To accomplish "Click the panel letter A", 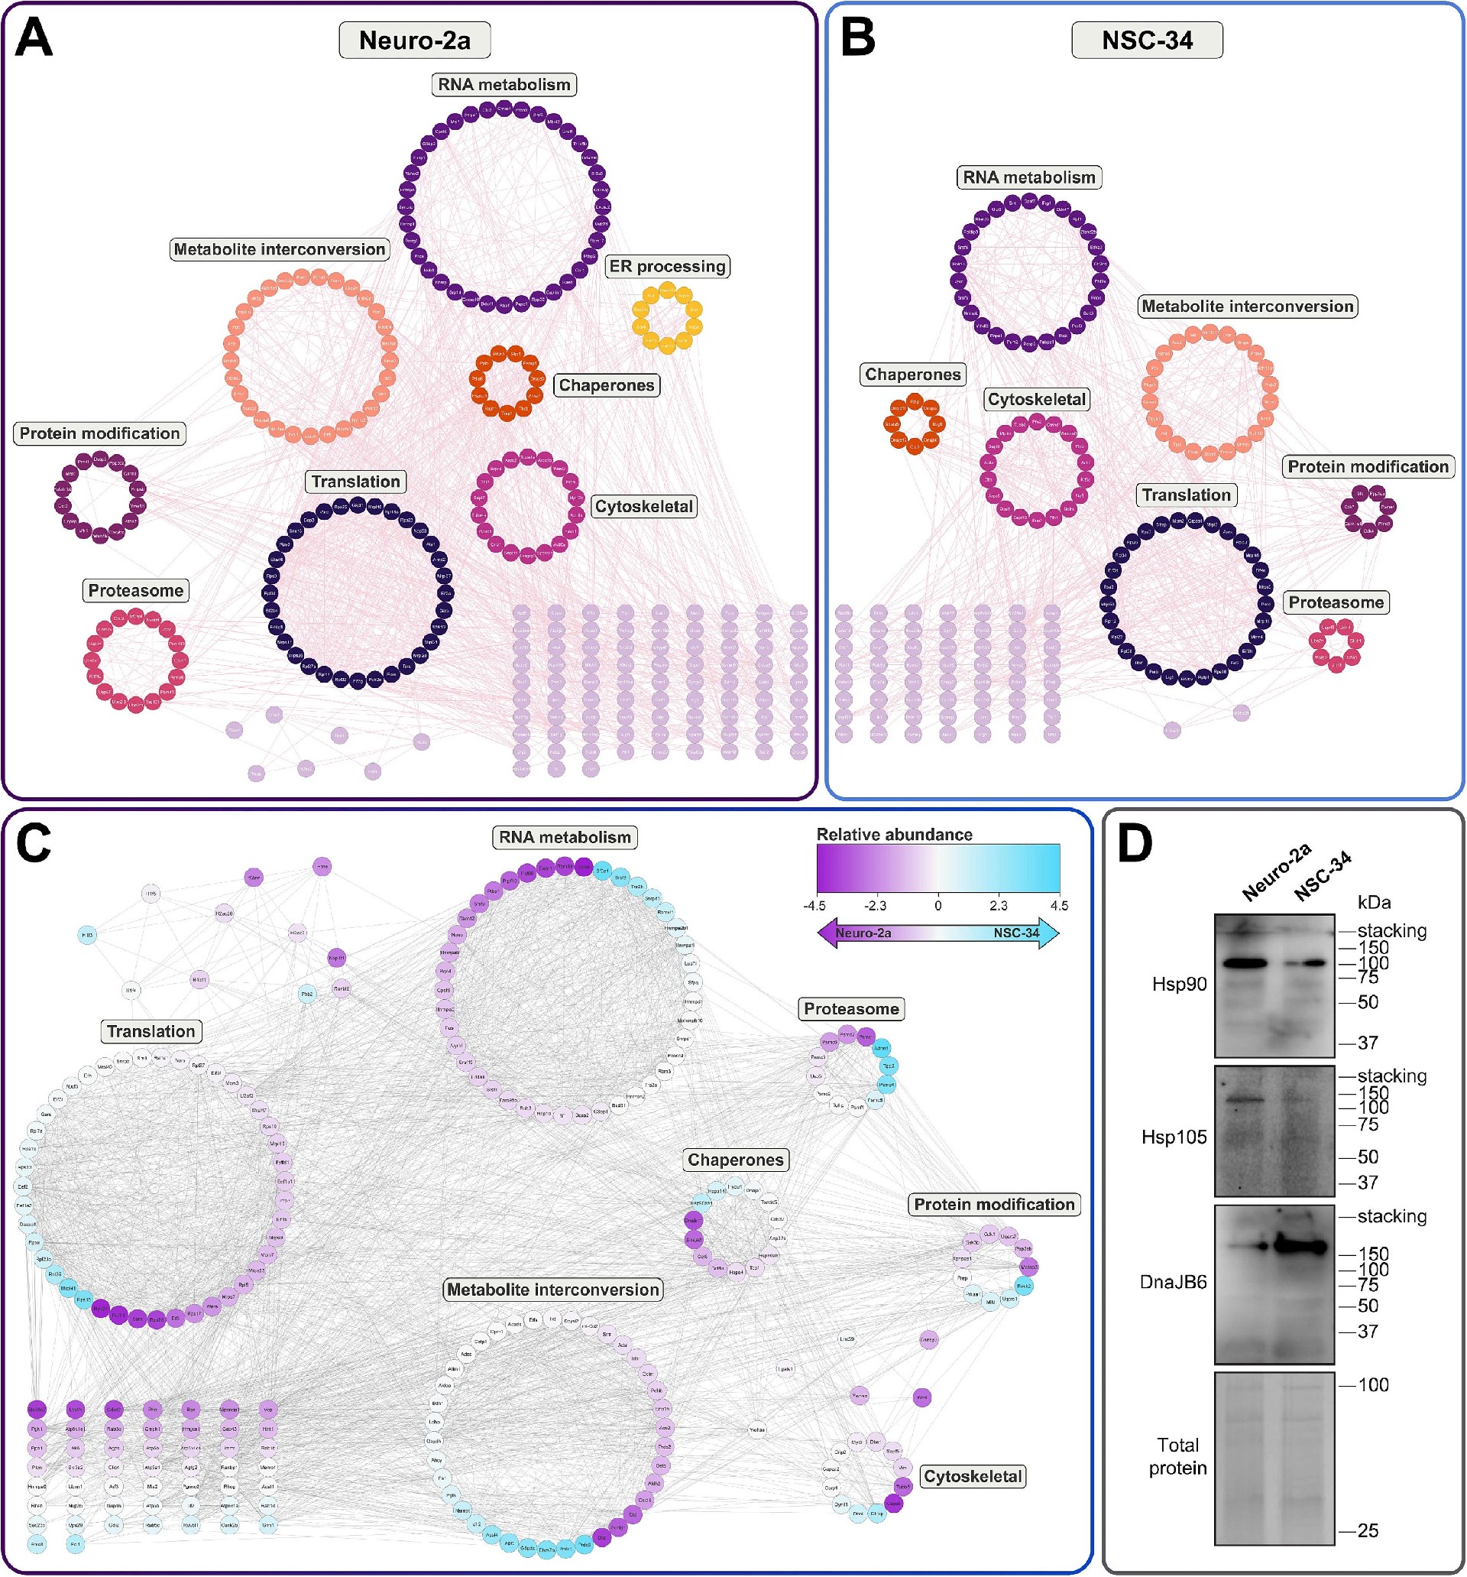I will point(34,37).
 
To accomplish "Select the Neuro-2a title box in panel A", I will point(415,41).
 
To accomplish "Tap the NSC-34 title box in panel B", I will point(1147,41).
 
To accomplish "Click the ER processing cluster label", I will point(668,267).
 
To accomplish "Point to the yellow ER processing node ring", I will point(667,317).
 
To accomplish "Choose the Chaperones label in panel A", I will point(607,385).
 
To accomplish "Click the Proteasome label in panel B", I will point(1336,602).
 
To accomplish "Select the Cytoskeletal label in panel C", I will point(973,1476).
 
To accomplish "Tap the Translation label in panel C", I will point(151,1031).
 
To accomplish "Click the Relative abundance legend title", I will point(895,835).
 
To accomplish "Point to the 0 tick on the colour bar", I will point(938,906).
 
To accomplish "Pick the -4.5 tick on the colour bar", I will point(815,906).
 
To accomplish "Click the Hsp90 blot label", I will point(1179,985).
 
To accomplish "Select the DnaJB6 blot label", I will point(1173,1283).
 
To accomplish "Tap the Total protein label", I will point(1177,1456).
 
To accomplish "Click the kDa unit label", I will point(1375,902).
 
